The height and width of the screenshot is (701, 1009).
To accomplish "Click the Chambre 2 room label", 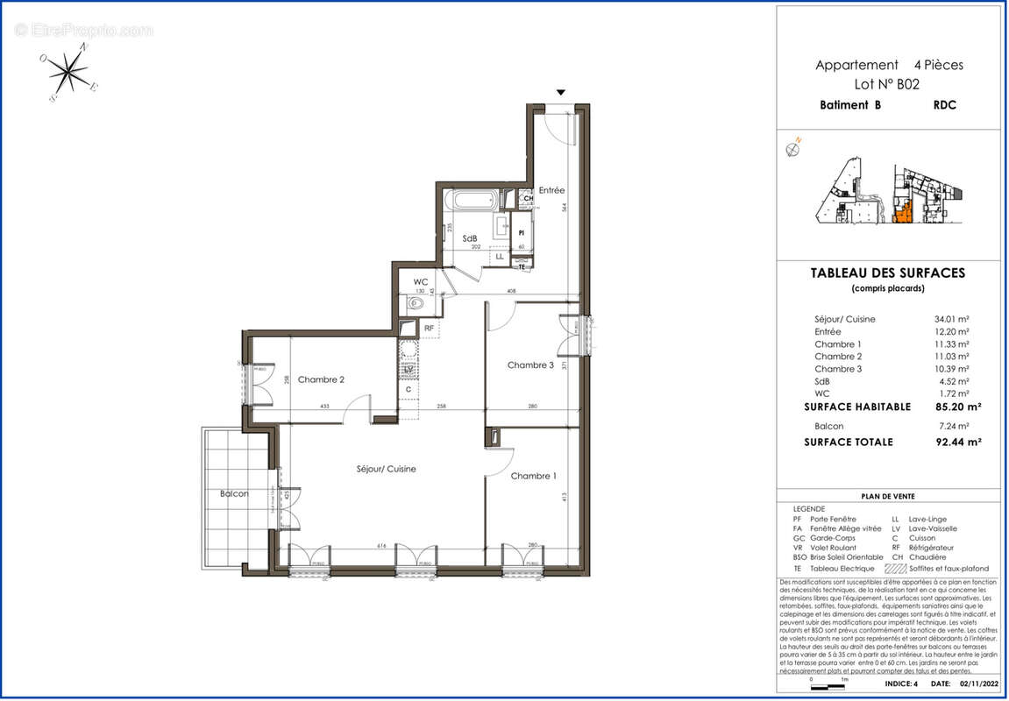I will (x=320, y=379).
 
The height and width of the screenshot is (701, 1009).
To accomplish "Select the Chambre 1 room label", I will (x=533, y=476).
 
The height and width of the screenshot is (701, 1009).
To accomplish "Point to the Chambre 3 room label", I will (x=530, y=365).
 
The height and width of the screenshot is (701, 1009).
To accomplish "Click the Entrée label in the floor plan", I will (x=551, y=190).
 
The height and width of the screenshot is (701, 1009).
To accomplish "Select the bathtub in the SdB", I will (x=472, y=201).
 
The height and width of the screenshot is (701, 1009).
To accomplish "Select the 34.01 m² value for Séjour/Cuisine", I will (x=951, y=320).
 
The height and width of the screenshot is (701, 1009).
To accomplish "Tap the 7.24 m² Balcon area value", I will (x=951, y=425).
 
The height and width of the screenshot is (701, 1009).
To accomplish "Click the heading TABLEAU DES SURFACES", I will (x=889, y=273).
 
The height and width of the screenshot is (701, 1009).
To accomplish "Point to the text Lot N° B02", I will (x=888, y=84).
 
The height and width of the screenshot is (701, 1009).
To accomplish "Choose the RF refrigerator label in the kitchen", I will (x=430, y=329).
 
